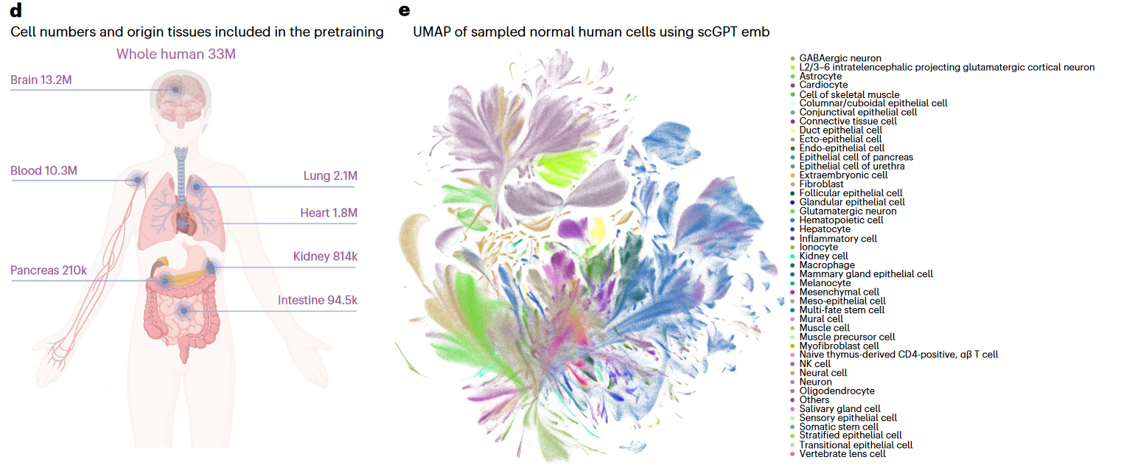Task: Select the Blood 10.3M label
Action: pos(43,172)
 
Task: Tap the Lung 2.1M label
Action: pos(330,176)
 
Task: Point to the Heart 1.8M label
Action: pos(328,214)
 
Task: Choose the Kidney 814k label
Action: pos(325,256)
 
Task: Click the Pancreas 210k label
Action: pos(49,270)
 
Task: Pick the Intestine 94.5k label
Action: pos(317,300)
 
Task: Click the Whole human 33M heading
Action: pos(176,54)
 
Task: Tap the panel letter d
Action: pos(15,10)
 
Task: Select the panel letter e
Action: pos(403,10)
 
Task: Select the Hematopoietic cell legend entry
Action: pos(841,220)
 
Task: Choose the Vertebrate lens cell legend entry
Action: pos(842,454)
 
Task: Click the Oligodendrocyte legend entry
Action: pos(837,391)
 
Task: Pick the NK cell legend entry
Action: pos(814,364)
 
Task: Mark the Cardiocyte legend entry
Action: pos(823,85)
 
